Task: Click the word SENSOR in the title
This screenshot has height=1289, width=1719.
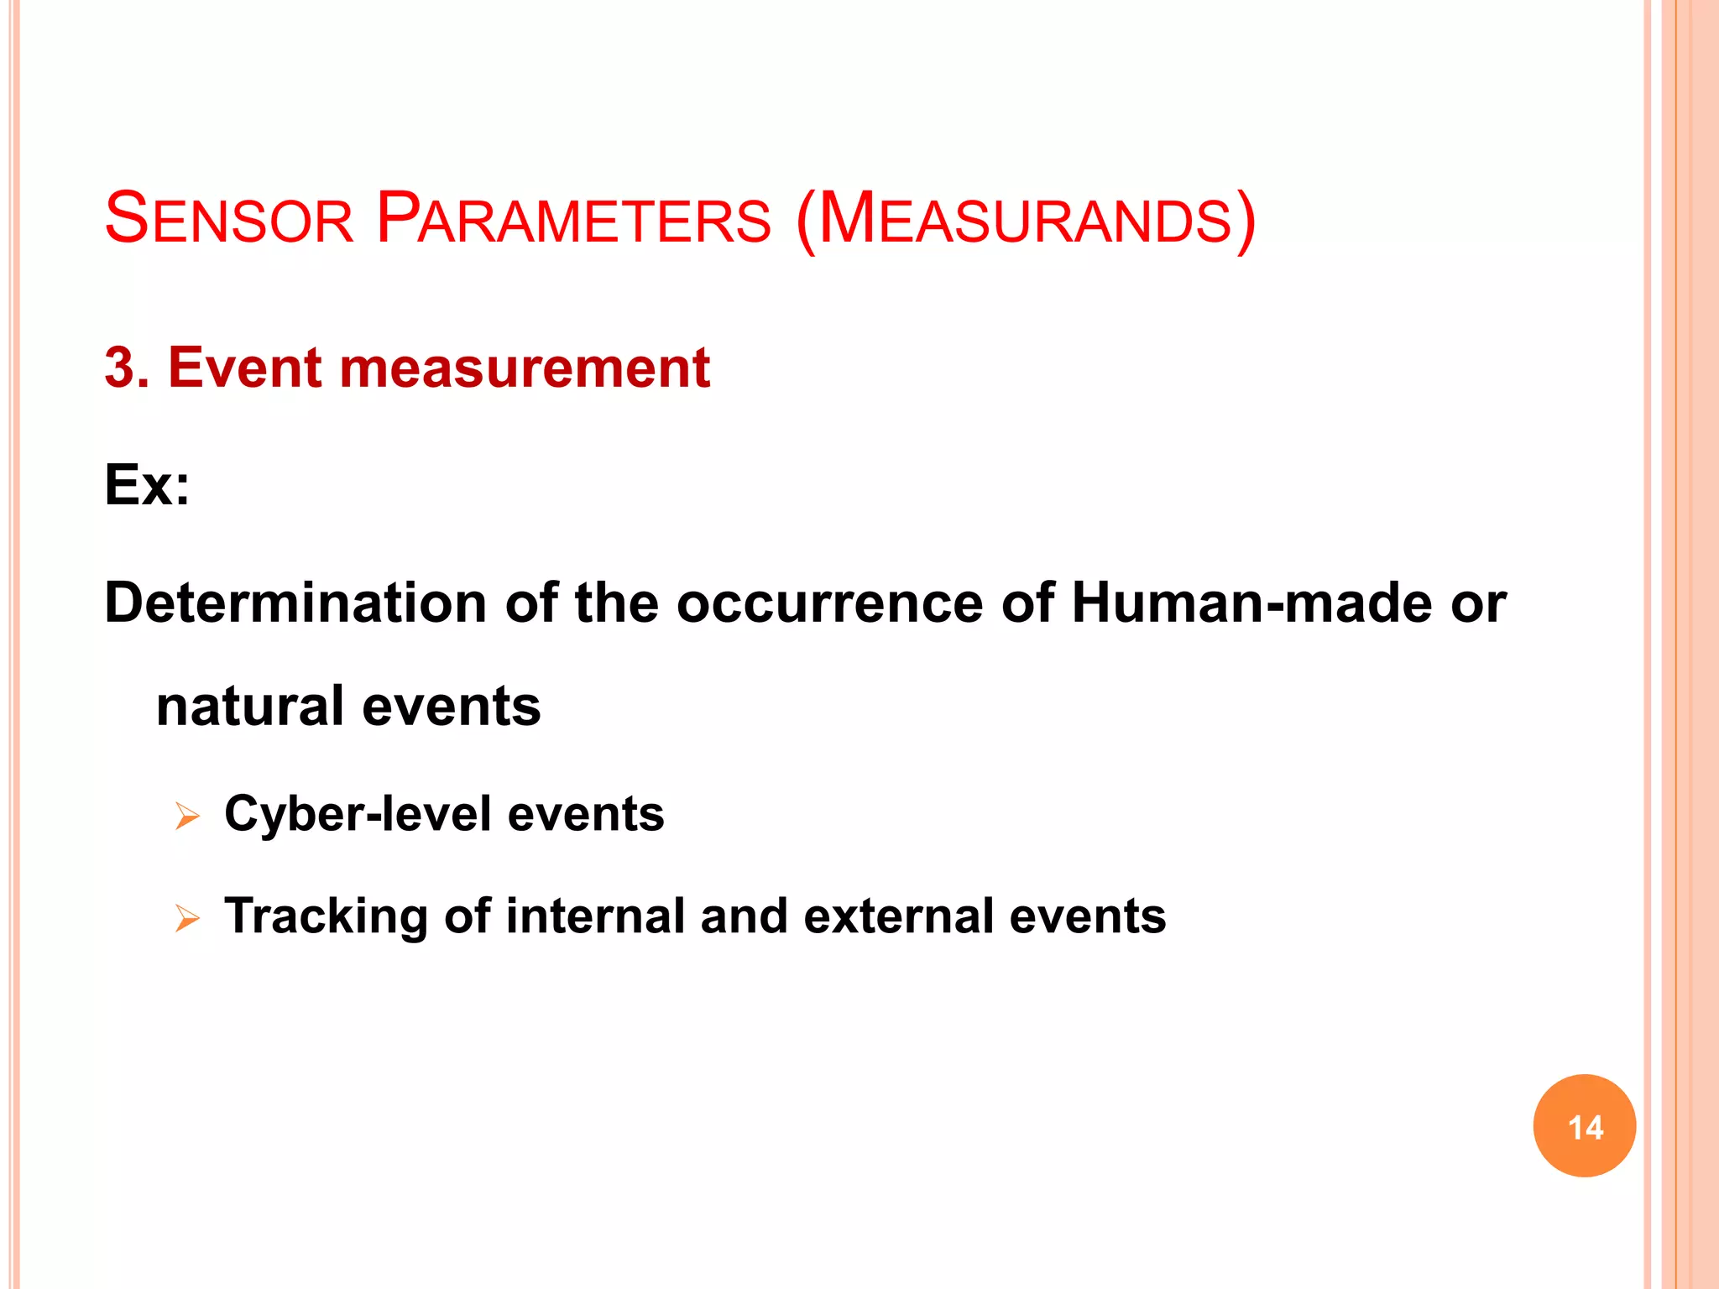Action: click(x=229, y=219)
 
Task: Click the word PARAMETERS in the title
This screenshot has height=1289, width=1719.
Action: click(x=573, y=219)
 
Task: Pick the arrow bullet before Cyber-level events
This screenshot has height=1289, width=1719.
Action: click(x=187, y=816)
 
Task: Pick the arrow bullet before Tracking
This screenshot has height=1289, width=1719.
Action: click(x=187, y=918)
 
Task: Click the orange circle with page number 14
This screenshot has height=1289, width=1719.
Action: click(x=1584, y=1125)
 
